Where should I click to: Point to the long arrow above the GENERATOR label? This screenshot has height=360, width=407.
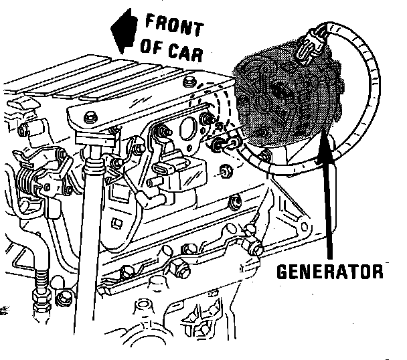coord(327,194)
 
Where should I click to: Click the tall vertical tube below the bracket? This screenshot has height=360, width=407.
coord(87,254)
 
